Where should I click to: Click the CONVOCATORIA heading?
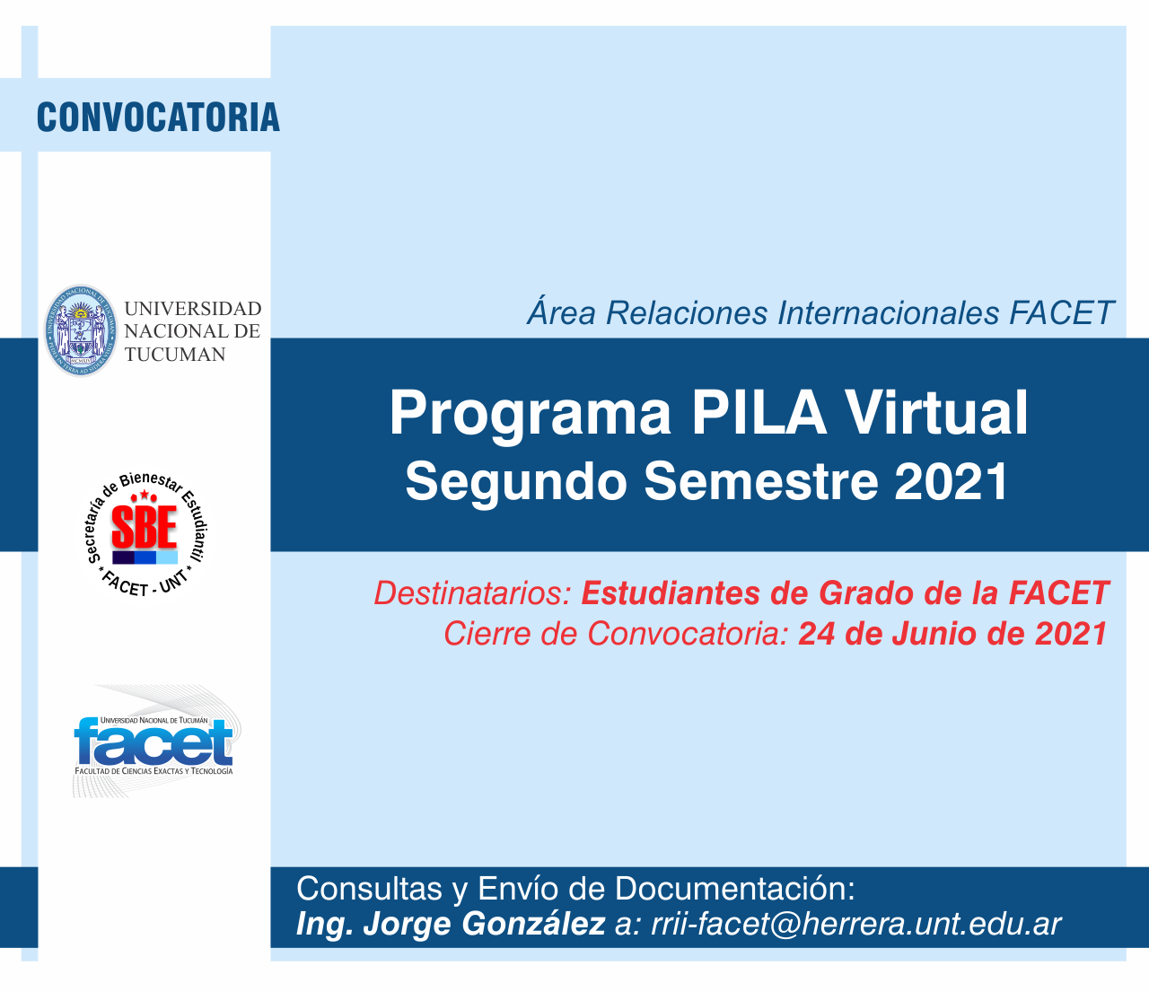pyautogui.click(x=158, y=118)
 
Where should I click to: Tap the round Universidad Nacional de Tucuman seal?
pyautogui.click(x=81, y=330)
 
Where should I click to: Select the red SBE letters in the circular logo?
pyautogui.click(x=145, y=527)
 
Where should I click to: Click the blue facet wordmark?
pyautogui.click(x=153, y=742)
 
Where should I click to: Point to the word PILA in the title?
pyautogui.click(x=759, y=413)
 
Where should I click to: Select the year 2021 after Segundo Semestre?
pyautogui.click(x=952, y=482)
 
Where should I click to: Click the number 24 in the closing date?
pyautogui.click(x=817, y=634)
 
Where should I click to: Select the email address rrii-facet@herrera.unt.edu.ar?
pyautogui.click(x=856, y=924)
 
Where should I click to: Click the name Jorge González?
pyautogui.click(x=484, y=925)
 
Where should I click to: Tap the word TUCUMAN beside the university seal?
pyautogui.click(x=175, y=355)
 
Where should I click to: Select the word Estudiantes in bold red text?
pyautogui.click(x=671, y=593)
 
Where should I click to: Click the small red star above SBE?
pyautogui.click(x=145, y=494)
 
